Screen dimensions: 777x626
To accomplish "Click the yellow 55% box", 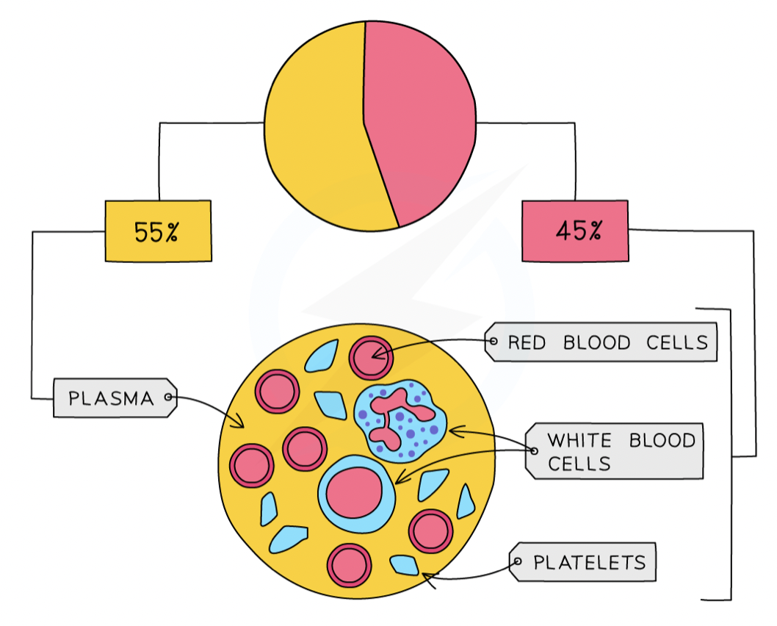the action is tap(158, 231).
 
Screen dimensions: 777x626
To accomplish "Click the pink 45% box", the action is tap(575, 231).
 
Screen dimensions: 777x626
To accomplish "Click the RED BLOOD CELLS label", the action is tap(601, 342).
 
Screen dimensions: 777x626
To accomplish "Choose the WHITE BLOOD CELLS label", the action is tap(615, 451).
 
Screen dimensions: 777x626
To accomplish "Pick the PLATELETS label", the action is tap(583, 561).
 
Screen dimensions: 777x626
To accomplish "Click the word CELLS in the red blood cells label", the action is tap(677, 342).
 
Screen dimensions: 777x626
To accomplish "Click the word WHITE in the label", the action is tap(579, 440).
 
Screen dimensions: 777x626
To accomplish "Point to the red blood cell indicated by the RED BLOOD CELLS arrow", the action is tap(371, 358).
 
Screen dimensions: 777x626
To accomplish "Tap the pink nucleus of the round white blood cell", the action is tap(354, 493).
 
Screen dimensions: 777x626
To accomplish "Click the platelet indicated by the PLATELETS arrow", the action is tap(405, 565).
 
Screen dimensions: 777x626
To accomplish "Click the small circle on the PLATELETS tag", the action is tap(518, 561).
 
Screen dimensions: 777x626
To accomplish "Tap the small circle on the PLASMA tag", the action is tap(168, 397).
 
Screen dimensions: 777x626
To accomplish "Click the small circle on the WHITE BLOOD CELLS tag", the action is tap(534, 451).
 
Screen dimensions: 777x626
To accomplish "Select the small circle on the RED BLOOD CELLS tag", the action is tap(494, 342).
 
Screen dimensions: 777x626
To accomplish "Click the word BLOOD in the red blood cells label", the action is tap(596, 342).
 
